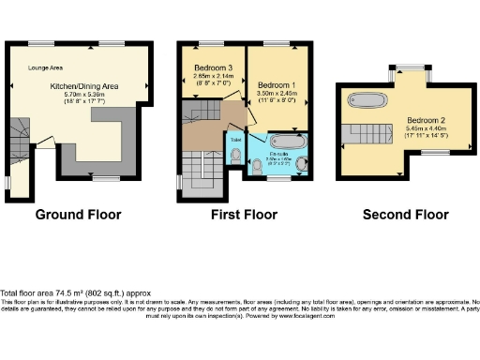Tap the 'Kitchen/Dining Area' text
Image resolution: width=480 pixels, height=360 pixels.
[82, 85]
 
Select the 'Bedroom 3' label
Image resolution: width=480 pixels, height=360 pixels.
[213, 68]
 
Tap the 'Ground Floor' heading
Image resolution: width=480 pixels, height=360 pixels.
[78, 215]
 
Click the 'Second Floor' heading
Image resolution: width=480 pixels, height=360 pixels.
[406, 215]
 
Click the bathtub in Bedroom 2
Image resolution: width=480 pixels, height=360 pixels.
[371, 98]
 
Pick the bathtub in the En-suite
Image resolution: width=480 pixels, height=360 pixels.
[283, 143]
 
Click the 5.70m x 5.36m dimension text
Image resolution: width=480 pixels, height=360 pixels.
[82, 95]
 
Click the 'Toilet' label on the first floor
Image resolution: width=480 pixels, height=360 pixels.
[234, 140]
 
